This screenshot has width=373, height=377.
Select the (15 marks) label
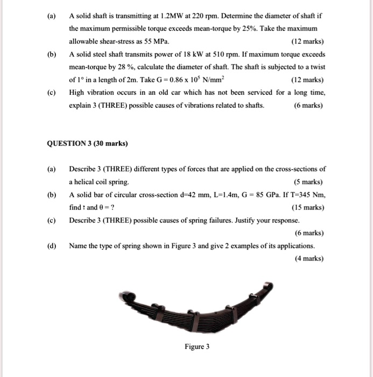pos(307,207)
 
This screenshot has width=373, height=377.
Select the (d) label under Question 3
pos(52,246)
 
